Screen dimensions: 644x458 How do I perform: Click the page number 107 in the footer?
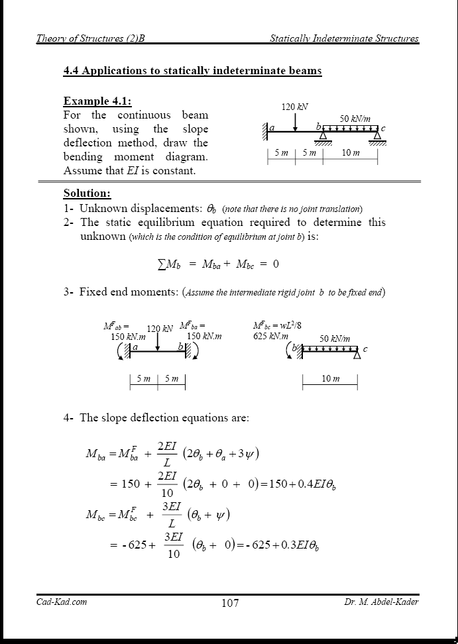230,602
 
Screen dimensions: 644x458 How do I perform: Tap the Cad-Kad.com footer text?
61,602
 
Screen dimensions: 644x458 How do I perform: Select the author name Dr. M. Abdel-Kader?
381,602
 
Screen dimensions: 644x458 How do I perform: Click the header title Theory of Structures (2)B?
90,38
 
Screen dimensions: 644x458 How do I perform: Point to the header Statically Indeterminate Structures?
344,38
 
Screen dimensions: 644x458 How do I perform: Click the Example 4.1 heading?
97,101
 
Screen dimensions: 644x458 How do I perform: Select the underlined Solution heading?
87,193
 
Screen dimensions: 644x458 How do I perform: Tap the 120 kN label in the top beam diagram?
295,107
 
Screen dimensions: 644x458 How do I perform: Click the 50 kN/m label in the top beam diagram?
355,119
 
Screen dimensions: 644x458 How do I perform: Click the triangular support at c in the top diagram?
377,136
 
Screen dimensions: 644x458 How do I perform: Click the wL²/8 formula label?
287,326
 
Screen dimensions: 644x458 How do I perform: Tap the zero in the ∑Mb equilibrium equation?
275,264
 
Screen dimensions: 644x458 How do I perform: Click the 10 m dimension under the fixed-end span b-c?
330,379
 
